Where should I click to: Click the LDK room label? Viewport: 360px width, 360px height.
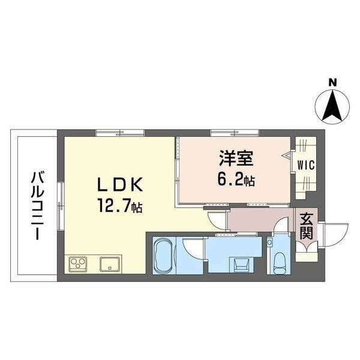tap(121, 185)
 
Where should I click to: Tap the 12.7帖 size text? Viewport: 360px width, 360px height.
tap(121, 206)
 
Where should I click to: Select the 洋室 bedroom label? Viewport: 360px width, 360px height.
tap(236, 158)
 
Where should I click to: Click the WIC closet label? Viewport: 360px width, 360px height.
tap(306, 165)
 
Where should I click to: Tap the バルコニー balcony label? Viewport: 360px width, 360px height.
tap(37, 205)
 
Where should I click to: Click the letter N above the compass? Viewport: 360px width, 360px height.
tap(332, 82)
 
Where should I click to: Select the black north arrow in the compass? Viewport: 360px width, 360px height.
tap(332, 106)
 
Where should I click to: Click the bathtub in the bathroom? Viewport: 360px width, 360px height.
tap(164, 255)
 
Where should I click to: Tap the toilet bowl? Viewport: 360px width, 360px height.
tap(280, 263)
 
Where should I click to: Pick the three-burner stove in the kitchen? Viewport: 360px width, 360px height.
tap(78, 263)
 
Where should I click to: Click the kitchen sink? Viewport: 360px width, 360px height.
tap(110, 264)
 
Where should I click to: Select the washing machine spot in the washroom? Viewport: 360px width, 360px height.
tap(241, 265)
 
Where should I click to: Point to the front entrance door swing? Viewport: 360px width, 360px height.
tap(335, 235)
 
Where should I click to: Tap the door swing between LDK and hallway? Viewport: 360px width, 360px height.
tap(217, 221)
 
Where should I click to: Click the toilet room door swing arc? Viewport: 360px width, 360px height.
tap(281, 225)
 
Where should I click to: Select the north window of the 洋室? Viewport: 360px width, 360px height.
tap(235, 133)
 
